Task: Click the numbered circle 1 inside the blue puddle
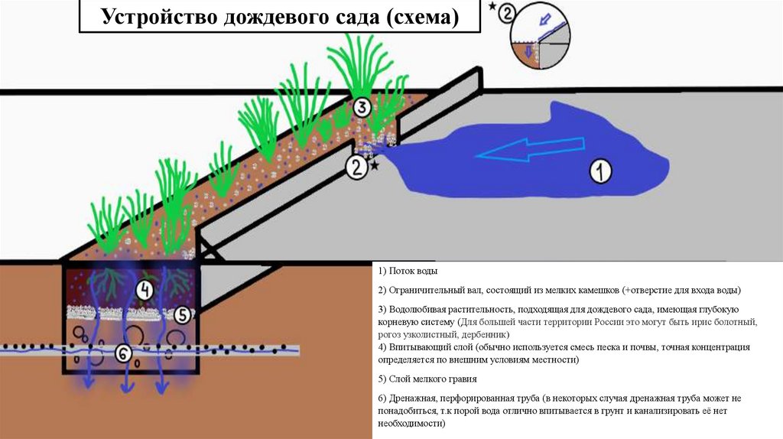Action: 601,171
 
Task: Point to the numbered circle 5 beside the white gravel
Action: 181,314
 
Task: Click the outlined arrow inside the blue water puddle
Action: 527,154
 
